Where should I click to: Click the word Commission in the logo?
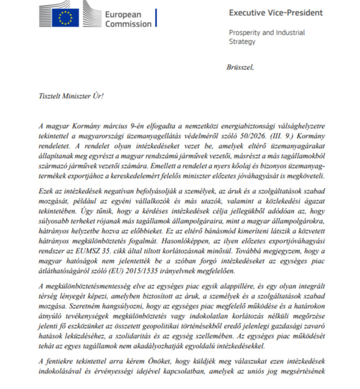pyautogui.click(x=128, y=24)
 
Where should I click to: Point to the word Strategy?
pyautogui.click(x=242, y=41)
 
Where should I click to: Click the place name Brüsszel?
pyautogui.click(x=240, y=67)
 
